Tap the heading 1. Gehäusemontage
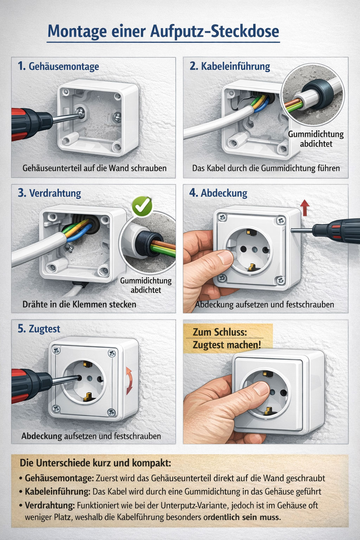pos(58,66)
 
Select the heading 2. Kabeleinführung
pos(230,66)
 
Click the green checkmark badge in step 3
pos(142,206)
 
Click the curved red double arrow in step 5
pos(129,381)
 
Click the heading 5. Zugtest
pos(39,329)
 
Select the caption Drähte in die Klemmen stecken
pos(79,304)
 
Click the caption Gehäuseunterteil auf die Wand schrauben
pos(95,168)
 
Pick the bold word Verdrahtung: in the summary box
pos(50,505)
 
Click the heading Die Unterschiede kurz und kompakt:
pos(96,463)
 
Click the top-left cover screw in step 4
pos(222,218)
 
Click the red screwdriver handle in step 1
pos(23,124)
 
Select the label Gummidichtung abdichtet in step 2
pos(316,139)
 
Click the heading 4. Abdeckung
pos(218,193)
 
